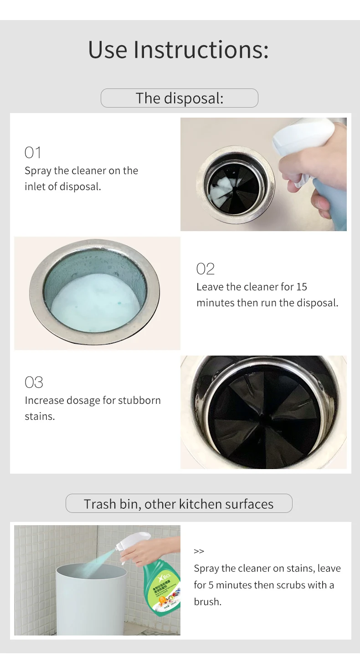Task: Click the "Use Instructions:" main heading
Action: click(178, 50)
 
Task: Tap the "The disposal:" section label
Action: click(180, 98)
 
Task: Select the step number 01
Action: click(33, 152)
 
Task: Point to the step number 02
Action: click(205, 269)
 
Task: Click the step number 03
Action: click(34, 382)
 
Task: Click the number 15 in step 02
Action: click(302, 287)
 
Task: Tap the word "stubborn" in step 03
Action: click(139, 400)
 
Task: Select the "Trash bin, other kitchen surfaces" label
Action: click(179, 504)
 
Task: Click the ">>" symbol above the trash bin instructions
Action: click(199, 551)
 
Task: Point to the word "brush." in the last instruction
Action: click(207, 601)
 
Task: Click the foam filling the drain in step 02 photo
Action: click(96, 303)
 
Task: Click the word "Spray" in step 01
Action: click(38, 170)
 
